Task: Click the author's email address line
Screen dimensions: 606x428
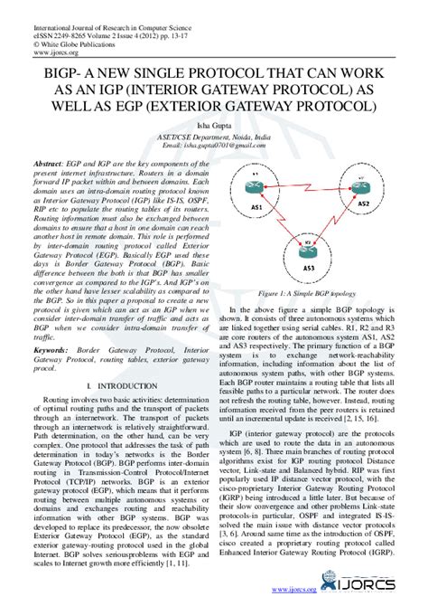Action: (214, 144)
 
